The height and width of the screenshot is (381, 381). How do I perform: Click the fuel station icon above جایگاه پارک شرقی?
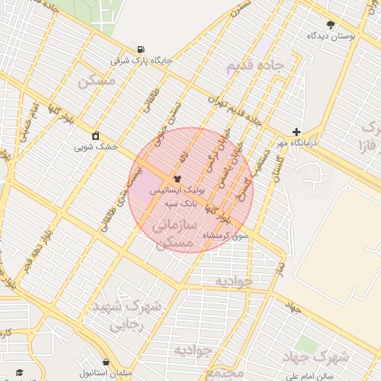point(141,49)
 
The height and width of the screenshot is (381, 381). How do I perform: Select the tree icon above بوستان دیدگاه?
point(331,24)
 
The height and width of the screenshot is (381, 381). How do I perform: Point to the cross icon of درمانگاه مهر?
point(297,131)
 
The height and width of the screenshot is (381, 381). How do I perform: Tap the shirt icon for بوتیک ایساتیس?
point(176,179)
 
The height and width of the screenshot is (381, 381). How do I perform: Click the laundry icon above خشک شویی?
point(95,135)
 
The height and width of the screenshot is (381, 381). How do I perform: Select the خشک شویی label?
point(96,147)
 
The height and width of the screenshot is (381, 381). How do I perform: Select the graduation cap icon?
point(19,372)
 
